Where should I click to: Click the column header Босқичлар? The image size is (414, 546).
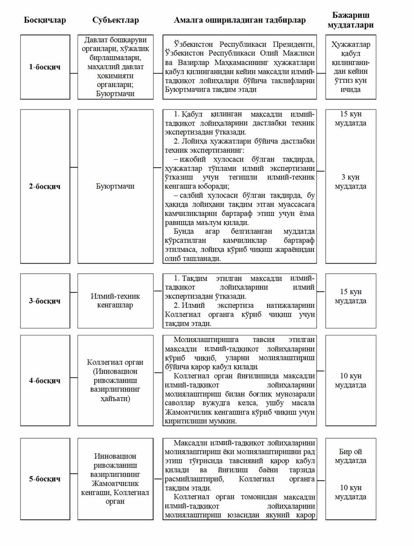pyautogui.click(x=45, y=20)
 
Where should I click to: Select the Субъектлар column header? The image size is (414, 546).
pyautogui.click(x=115, y=20)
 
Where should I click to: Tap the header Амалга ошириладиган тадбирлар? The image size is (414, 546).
pyautogui.click(x=239, y=20)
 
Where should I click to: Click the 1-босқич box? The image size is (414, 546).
pyautogui.click(x=45, y=67)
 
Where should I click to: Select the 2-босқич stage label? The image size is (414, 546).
pyautogui.click(x=45, y=186)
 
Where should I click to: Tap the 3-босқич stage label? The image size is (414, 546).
pyautogui.click(x=45, y=301)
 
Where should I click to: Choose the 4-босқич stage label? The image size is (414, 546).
pyautogui.click(x=45, y=380)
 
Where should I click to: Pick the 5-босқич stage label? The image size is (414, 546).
pyautogui.click(x=45, y=479)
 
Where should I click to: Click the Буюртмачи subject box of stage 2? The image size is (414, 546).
pyautogui.click(x=115, y=186)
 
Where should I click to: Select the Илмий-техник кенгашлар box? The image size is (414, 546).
pyautogui.click(x=115, y=301)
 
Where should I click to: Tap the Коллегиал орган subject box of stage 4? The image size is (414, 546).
pyautogui.click(x=115, y=380)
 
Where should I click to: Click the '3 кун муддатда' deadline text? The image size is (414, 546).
pyautogui.click(x=350, y=182)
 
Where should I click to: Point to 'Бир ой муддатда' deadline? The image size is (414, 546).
pyautogui.click(x=350, y=456)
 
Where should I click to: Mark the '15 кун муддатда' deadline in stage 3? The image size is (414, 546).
pyautogui.click(x=350, y=296)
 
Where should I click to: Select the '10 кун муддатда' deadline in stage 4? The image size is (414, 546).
pyautogui.click(x=350, y=380)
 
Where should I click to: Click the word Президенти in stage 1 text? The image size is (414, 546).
pyautogui.click(x=293, y=44)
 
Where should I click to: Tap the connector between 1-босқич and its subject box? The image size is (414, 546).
pyautogui.click(x=74, y=73)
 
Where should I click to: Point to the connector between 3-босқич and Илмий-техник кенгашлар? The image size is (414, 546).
pyautogui.click(x=74, y=292)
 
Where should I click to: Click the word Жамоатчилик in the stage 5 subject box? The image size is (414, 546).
pyautogui.click(x=115, y=483)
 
